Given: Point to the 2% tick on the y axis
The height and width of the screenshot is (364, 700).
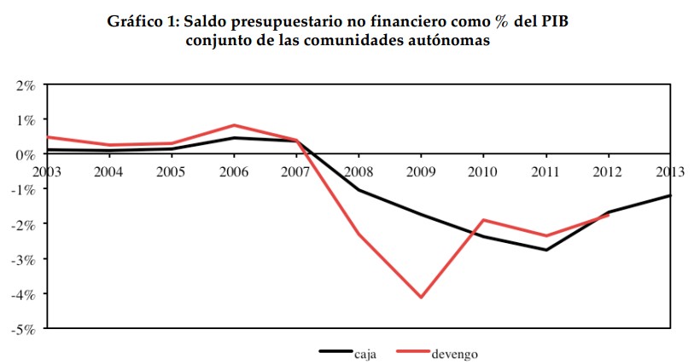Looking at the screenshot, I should (x=23, y=85).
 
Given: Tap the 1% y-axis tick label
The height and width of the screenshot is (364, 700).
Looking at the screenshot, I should (x=23, y=120).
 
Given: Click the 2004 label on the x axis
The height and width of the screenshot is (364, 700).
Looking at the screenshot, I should (x=108, y=170).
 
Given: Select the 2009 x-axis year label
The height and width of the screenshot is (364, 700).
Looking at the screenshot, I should (x=421, y=170).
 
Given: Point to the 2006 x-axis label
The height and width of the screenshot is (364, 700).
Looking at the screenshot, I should (x=233, y=170).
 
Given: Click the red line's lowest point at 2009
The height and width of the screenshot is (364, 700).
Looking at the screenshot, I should (x=421, y=297).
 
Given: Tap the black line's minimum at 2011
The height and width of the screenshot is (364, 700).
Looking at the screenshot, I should (x=545, y=250).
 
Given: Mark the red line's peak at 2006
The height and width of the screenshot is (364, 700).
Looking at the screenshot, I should (x=234, y=125).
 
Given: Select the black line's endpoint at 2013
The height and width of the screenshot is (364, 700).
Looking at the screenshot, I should (x=670, y=195).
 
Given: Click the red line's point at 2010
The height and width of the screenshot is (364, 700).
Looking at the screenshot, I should (x=483, y=220).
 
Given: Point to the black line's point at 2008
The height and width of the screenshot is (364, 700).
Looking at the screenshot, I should (x=359, y=190).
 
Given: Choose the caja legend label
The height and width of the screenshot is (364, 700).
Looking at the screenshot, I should (x=365, y=352).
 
